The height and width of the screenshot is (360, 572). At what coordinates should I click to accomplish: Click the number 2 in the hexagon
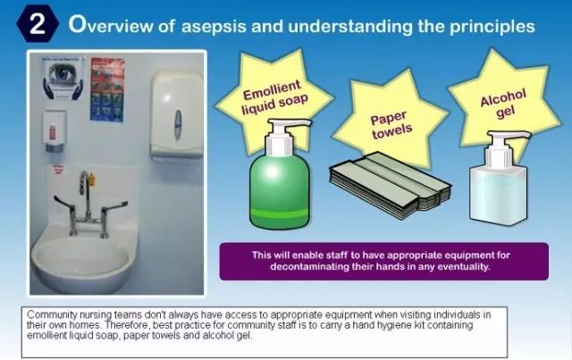point(37,24)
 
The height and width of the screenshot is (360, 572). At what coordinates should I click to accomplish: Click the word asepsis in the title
point(214,26)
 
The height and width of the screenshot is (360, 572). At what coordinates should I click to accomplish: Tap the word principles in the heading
point(492,27)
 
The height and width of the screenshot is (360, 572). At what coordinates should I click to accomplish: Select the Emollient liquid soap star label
point(274,97)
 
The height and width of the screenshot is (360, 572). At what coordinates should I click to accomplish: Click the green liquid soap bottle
point(280,175)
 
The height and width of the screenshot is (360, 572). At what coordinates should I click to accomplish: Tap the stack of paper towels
point(390,185)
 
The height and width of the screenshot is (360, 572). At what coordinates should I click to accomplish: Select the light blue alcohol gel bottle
point(499,179)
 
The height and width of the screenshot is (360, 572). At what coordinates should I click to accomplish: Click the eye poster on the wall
point(63,78)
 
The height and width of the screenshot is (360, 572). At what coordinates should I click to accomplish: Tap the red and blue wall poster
point(107,89)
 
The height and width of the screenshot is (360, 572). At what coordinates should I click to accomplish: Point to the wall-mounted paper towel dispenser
point(177,114)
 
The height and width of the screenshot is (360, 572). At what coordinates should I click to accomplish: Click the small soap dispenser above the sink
point(55,130)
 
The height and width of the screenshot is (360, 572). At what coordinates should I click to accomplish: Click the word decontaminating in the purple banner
point(309,266)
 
